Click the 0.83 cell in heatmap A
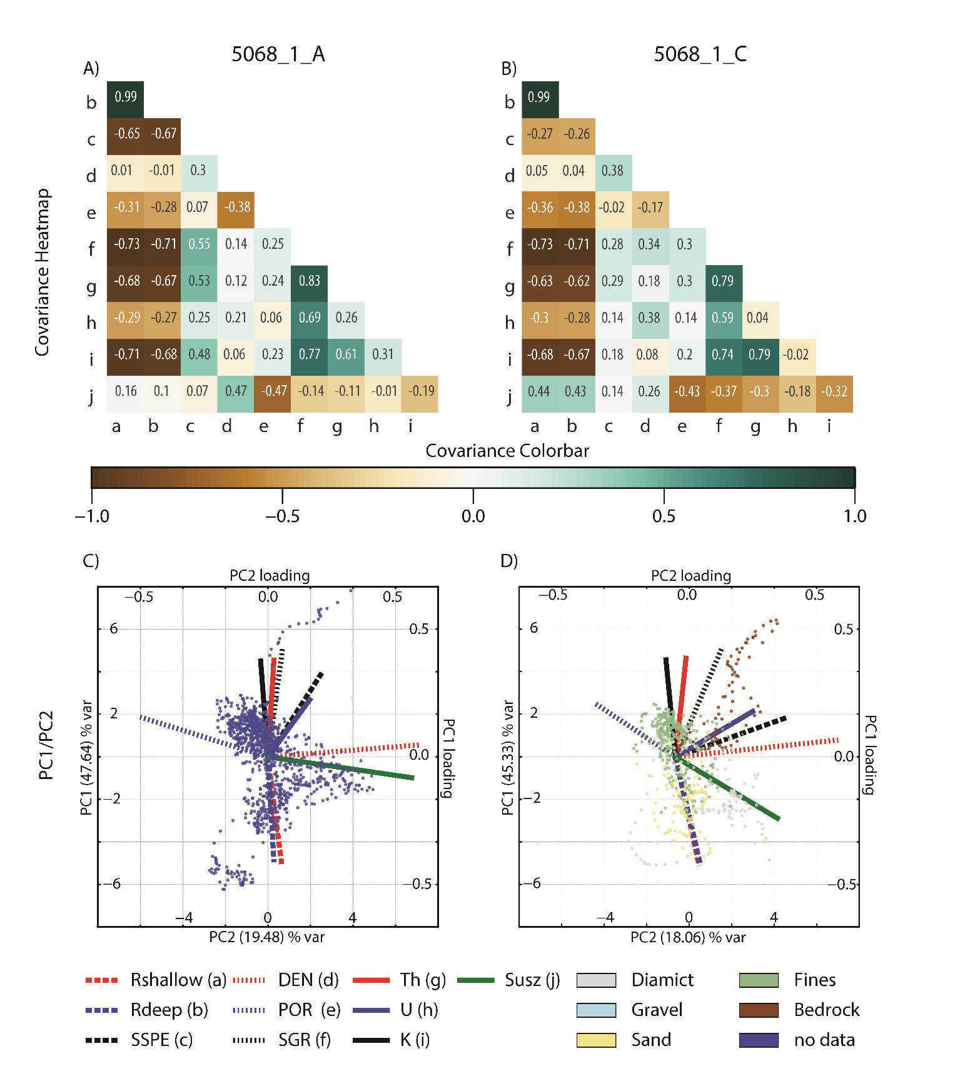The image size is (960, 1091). click(x=310, y=281)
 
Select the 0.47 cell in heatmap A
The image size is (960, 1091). click(x=236, y=391)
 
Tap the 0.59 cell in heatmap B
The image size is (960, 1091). click(x=723, y=318)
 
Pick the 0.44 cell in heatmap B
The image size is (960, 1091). click(x=538, y=391)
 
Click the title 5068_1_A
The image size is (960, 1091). click(x=278, y=54)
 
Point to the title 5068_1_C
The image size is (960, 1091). click(x=700, y=54)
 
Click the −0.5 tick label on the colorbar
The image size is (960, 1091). click(x=282, y=516)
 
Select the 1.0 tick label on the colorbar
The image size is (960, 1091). click(x=854, y=516)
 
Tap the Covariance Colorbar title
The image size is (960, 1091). click(x=507, y=451)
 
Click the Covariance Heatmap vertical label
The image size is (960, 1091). click(x=42, y=273)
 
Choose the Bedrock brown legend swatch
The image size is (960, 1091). click(x=759, y=1010)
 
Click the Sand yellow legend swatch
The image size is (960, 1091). click(x=596, y=1040)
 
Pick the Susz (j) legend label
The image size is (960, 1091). click(x=532, y=980)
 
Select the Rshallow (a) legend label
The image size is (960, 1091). click(x=178, y=980)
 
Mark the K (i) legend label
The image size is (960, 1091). click(x=415, y=1040)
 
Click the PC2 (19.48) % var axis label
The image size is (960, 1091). click(x=267, y=937)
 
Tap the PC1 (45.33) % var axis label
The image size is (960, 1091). click(x=508, y=758)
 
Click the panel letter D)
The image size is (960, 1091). click(x=509, y=561)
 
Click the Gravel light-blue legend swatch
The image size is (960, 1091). click(x=596, y=1010)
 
